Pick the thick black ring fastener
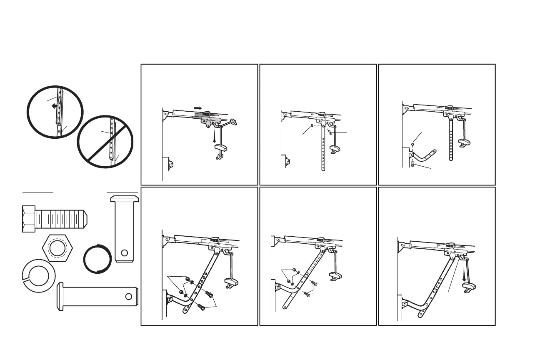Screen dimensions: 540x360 point(97,259)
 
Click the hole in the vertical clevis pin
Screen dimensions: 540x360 point(124,252)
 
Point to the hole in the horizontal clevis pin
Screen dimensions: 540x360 point(129,296)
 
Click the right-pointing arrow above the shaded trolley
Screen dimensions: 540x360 point(198,108)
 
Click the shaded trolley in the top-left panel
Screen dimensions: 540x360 point(202,115)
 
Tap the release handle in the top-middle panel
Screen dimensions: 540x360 point(335,149)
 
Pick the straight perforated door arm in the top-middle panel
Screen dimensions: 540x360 point(323,150)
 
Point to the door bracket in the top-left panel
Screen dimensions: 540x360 point(169,164)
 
